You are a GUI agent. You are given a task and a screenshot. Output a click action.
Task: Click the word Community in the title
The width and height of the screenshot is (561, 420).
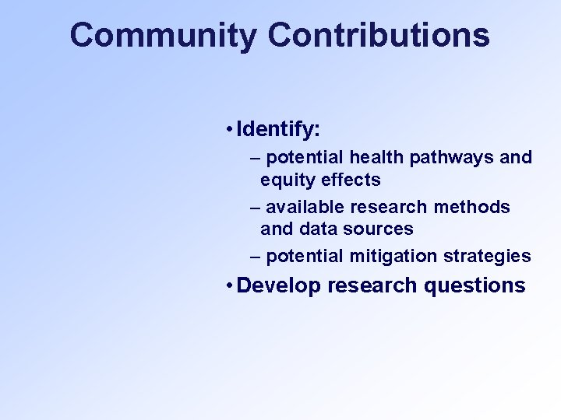(x=163, y=36)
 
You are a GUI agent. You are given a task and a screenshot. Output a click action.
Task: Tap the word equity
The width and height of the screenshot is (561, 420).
(x=284, y=180)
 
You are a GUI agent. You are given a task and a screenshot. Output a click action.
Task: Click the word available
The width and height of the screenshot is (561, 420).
(x=305, y=208)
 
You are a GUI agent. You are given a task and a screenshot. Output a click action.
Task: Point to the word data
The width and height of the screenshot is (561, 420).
(x=310, y=229)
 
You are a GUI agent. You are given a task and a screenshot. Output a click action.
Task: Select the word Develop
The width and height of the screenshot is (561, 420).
(x=278, y=286)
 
